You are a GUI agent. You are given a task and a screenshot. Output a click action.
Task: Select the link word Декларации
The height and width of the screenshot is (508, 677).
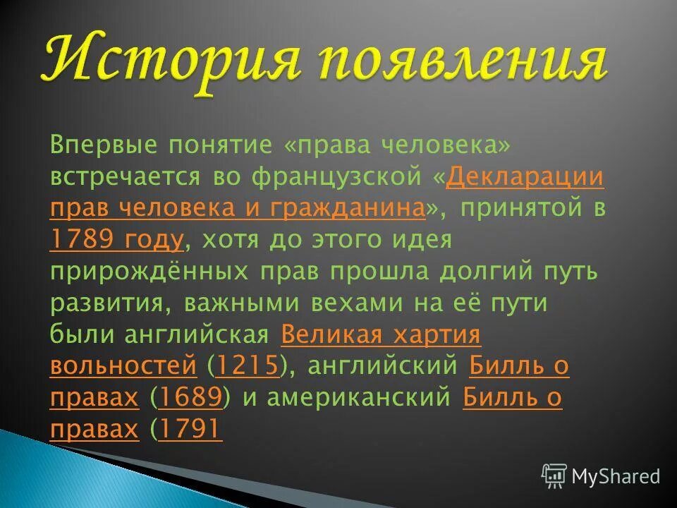click(x=525, y=176)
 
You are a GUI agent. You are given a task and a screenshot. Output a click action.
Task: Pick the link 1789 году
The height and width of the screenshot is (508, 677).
click(x=116, y=240)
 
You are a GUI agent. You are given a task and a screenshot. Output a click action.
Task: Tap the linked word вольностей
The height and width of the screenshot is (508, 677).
click(x=123, y=365)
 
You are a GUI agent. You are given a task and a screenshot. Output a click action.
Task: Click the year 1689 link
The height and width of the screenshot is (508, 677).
click(x=191, y=397)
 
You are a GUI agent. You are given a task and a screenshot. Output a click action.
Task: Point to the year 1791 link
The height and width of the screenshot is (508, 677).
click(x=191, y=429)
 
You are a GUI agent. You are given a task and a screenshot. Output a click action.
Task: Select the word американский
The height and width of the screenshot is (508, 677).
click(x=360, y=397)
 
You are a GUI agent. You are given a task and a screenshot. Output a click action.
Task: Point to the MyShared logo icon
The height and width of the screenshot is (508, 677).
click(x=554, y=476)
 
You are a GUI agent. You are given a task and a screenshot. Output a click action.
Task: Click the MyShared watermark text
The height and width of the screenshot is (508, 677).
click(x=616, y=476)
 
